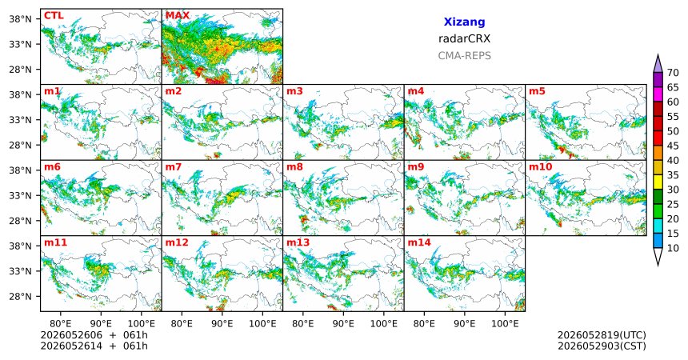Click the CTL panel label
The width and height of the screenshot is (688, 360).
click(54, 16)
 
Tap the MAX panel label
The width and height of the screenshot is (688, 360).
click(178, 16)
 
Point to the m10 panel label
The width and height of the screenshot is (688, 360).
click(541, 167)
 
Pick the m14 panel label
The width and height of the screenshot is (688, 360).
click(419, 242)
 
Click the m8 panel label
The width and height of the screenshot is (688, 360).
click(295, 167)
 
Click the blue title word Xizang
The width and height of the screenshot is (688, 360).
click(464, 22)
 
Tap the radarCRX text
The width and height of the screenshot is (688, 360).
click(464, 38)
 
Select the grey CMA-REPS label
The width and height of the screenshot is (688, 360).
click(464, 56)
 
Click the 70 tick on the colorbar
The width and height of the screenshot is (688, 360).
click(673, 73)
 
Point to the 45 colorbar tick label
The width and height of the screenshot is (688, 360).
click(673, 146)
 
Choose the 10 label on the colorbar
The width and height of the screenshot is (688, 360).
click(673, 248)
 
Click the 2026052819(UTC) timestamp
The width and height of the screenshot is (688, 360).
click(602, 335)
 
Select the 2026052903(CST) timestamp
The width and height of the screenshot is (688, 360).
click(602, 346)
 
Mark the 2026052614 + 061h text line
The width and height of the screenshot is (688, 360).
click(94, 346)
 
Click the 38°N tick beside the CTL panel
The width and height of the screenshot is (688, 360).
click(20, 19)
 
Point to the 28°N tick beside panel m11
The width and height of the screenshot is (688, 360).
click(20, 296)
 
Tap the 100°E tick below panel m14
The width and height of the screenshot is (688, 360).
click(505, 324)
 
